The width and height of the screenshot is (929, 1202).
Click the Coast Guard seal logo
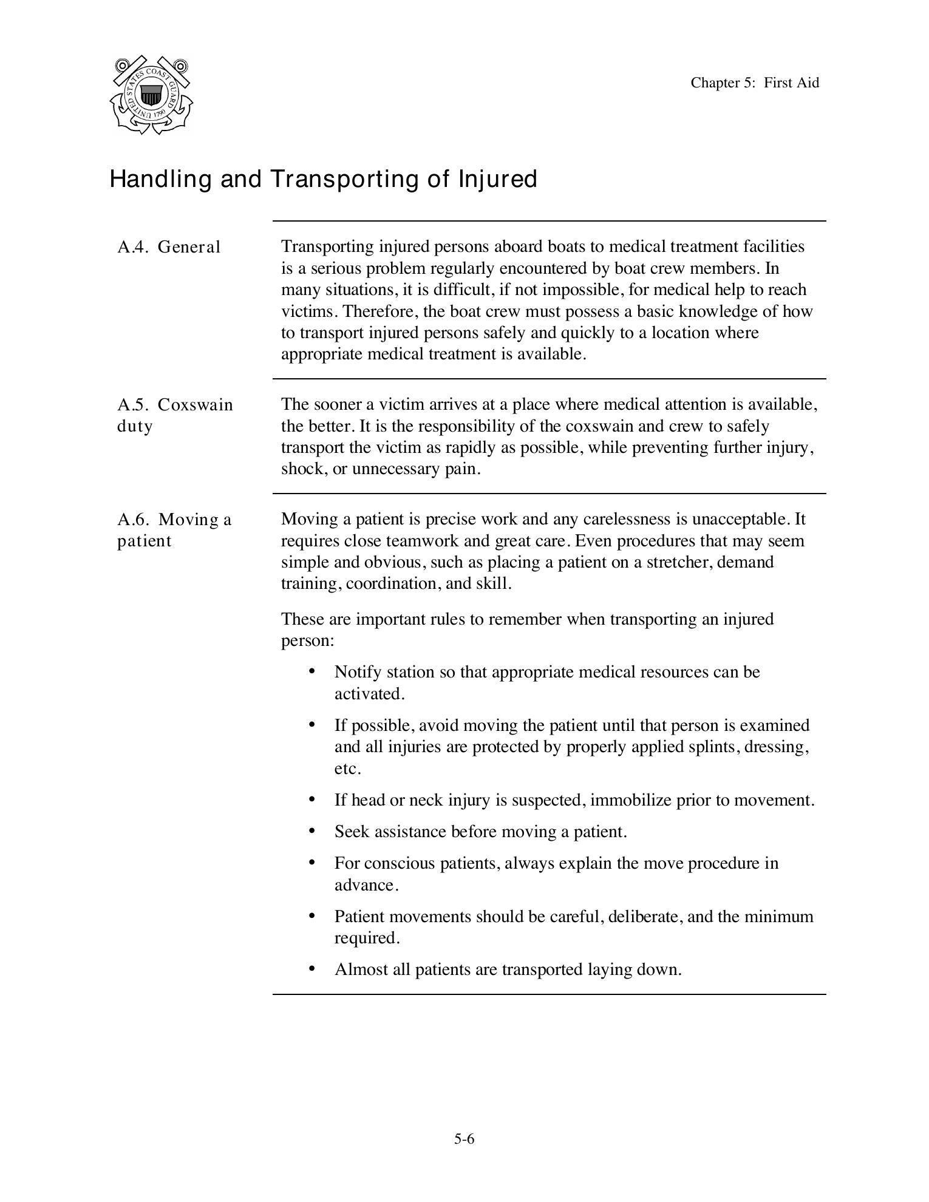(x=151, y=95)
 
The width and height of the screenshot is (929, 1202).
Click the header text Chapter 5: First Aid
(x=754, y=83)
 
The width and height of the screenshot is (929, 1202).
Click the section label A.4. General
(x=169, y=247)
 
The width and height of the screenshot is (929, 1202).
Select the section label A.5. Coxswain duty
(x=174, y=415)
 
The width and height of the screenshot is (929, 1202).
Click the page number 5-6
(x=464, y=1139)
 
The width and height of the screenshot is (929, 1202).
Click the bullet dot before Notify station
(x=312, y=671)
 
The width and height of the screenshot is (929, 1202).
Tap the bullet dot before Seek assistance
(x=312, y=830)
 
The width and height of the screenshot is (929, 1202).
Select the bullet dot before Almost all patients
(x=312, y=968)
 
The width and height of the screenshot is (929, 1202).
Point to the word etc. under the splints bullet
(x=347, y=769)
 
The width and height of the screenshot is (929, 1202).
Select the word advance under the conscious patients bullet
(x=366, y=885)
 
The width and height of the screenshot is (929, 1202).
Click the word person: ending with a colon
(x=307, y=641)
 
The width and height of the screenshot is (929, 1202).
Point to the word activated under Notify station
(x=369, y=694)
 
